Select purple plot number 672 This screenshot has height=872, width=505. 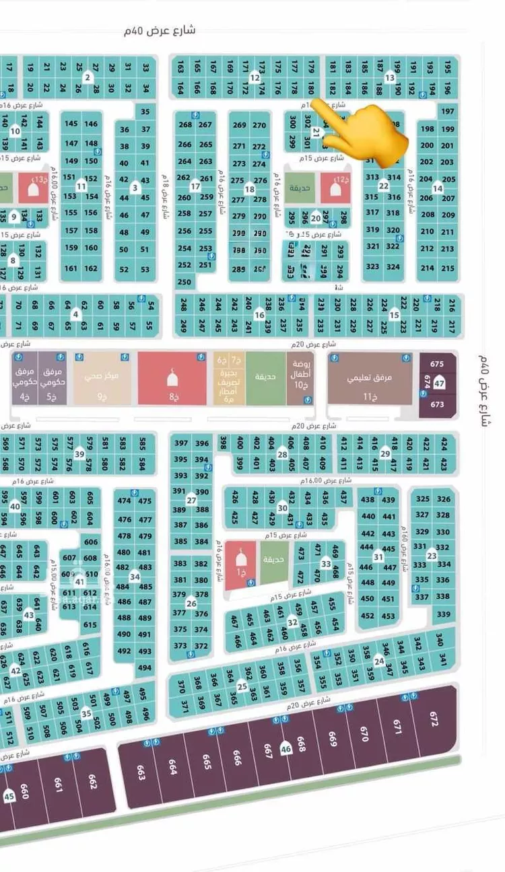(x=432, y=720)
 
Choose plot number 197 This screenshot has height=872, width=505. (x=448, y=111)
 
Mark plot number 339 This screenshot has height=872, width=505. (x=443, y=614)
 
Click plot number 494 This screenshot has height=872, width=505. (x=144, y=667)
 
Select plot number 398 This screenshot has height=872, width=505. (x=223, y=443)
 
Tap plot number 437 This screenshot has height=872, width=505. (x=343, y=498)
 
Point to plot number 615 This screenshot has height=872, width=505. (x=90, y=625)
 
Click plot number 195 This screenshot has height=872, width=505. (x=448, y=67)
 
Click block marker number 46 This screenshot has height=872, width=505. (x=286, y=748)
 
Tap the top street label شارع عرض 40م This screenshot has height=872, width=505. (x=161, y=30)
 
